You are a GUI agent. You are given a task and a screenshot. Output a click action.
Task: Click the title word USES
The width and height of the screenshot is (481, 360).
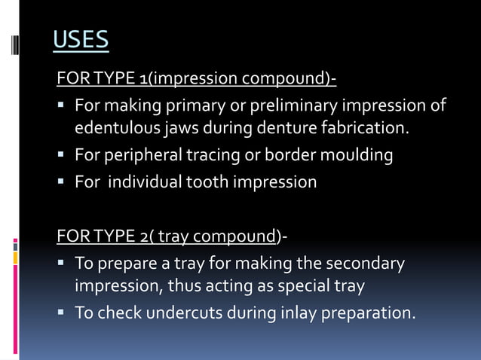point(81,39)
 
